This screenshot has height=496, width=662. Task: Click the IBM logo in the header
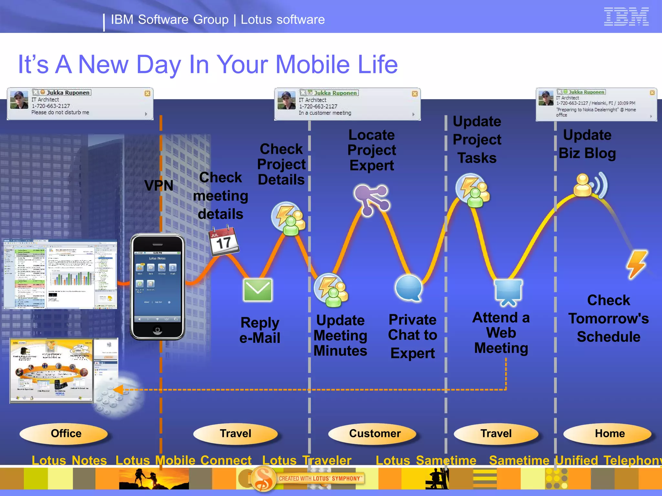coord(626,16)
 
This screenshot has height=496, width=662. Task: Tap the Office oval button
coord(66,433)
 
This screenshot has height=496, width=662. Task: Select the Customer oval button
coord(375,433)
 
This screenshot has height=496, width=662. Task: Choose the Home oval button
coord(610,433)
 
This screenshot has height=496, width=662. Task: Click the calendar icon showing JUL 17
coord(224,241)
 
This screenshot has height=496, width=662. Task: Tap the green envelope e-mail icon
coord(258,290)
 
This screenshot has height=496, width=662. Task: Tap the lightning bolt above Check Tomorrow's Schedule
coord(637,264)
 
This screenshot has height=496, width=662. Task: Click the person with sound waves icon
coord(590,185)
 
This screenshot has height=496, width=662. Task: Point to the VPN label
coord(159,186)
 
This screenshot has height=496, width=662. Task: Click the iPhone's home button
coord(157,330)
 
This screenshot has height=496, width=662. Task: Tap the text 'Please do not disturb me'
coord(60,112)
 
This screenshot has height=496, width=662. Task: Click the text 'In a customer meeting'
coord(325,113)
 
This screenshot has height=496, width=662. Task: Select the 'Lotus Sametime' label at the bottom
coord(426,460)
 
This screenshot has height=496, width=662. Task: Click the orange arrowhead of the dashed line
coord(118,390)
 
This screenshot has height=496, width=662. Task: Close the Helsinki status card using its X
coord(652,93)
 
